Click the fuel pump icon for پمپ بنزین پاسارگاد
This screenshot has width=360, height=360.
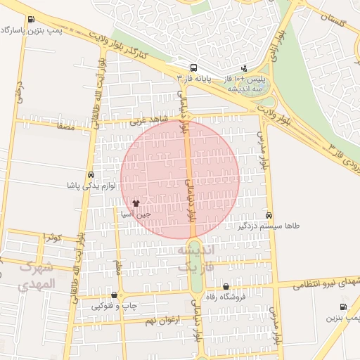coord(30,20)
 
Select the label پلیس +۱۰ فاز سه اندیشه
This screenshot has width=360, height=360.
coord(243,84)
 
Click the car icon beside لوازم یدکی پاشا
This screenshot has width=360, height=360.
coord(91,174)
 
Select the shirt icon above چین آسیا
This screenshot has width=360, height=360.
coord(146,202)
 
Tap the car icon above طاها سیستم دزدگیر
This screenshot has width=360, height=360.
coord(269,215)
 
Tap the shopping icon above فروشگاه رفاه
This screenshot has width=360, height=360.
coord(226,286)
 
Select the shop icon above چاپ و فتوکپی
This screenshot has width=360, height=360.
coord(114,295)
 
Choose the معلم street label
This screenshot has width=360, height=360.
coord(119,267)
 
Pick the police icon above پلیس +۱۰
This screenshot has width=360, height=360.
coord(243,68)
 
